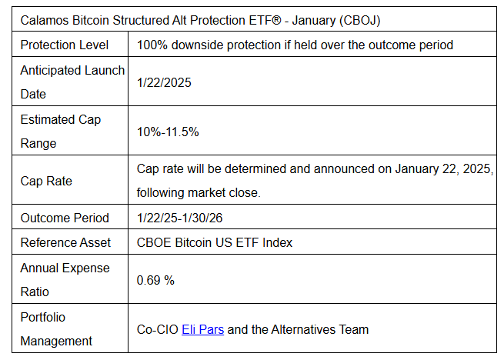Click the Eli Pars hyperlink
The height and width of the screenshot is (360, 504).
click(x=203, y=329)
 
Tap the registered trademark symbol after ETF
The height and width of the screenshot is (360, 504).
click(x=276, y=20)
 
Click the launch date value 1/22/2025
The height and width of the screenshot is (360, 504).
click(x=164, y=82)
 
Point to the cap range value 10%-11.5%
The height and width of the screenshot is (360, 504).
click(x=168, y=132)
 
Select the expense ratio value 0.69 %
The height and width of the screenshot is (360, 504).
click(x=155, y=280)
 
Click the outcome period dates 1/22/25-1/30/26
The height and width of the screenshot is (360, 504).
click(x=180, y=218)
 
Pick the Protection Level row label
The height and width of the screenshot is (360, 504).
click(x=65, y=45)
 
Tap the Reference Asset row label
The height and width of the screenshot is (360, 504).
click(x=65, y=242)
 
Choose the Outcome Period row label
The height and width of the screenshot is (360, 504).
click(x=65, y=218)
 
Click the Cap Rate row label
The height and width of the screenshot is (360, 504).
click(x=46, y=181)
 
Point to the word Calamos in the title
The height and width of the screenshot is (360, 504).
click(x=45, y=20)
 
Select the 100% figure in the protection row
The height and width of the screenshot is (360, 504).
click(x=152, y=45)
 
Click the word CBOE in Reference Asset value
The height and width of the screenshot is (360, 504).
click(x=154, y=242)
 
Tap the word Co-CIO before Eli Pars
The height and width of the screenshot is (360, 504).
click(x=158, y=329)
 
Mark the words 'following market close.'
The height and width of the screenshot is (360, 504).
click(x=199, y=193)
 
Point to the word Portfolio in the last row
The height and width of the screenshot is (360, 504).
click(x=43, y=317)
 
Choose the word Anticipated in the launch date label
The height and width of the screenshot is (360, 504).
click(x=51, y=71)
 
